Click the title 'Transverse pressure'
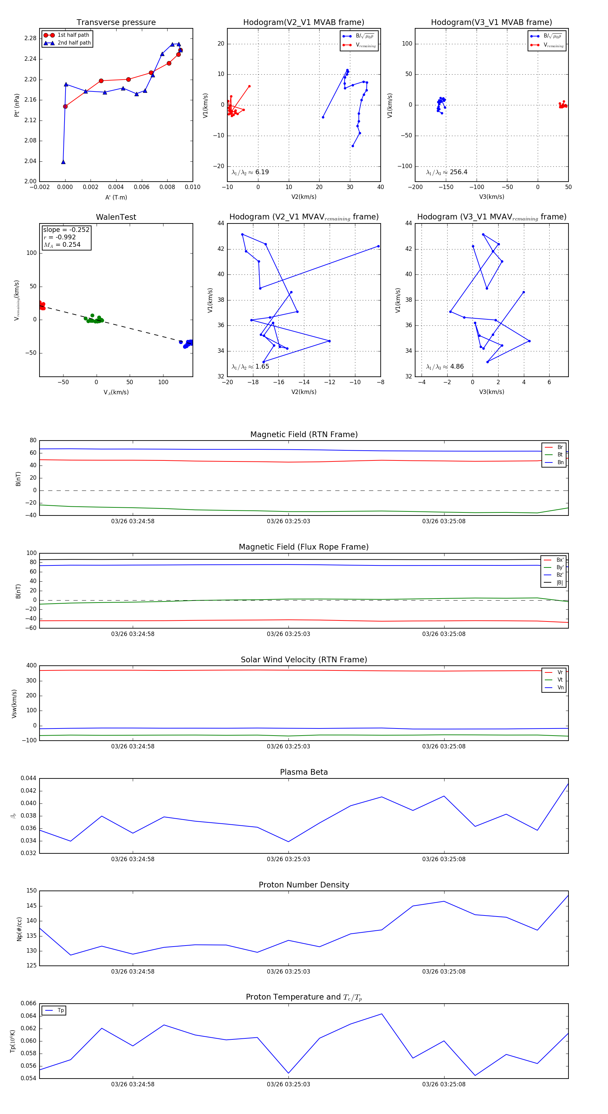116,23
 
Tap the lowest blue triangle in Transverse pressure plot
63,162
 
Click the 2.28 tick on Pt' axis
30,38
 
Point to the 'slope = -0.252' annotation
66,230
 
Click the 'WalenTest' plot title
116,217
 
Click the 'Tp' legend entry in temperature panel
60,1011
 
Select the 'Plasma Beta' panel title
304,772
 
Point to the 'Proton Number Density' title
304,885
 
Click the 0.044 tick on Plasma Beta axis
29,778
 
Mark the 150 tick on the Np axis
32,891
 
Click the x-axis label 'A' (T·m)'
116,197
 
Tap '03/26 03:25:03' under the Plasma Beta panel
288,859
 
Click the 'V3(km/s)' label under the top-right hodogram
491,197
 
